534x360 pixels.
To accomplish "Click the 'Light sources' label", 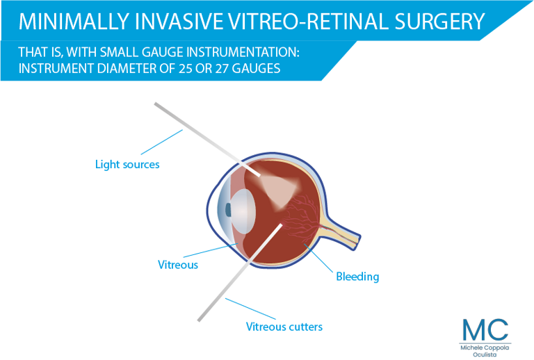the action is (127, 164).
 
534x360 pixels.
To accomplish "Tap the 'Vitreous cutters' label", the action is (284, 327).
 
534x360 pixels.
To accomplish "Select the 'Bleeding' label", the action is (357, 277).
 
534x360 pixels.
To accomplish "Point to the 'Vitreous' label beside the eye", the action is (178, 265).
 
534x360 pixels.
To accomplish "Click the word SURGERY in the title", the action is (439, 21).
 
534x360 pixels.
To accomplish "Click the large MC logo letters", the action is (485, 329).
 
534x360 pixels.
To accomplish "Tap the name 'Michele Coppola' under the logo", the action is (485, 347).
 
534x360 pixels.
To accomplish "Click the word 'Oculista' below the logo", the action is (485, 354).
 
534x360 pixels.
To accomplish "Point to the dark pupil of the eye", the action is (228, 210).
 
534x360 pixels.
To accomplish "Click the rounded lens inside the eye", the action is (243, 211).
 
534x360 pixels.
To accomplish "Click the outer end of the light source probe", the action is (156, 104).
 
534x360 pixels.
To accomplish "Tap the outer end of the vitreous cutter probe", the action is (200, 320).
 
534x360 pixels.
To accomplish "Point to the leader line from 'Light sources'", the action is (162, 142).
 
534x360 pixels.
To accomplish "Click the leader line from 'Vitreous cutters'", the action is (250, 309).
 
